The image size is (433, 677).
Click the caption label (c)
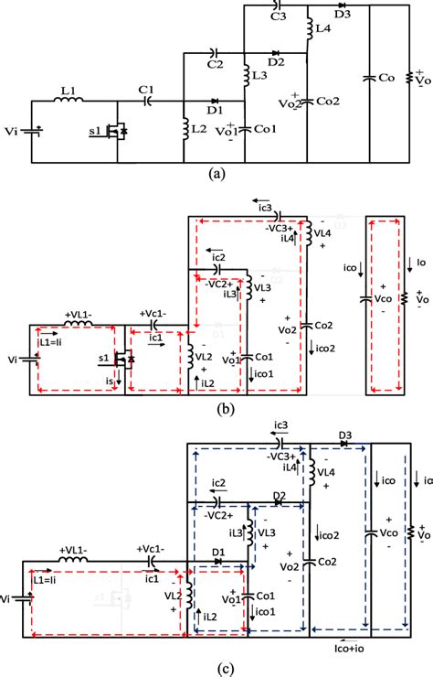tap(216, 667)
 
